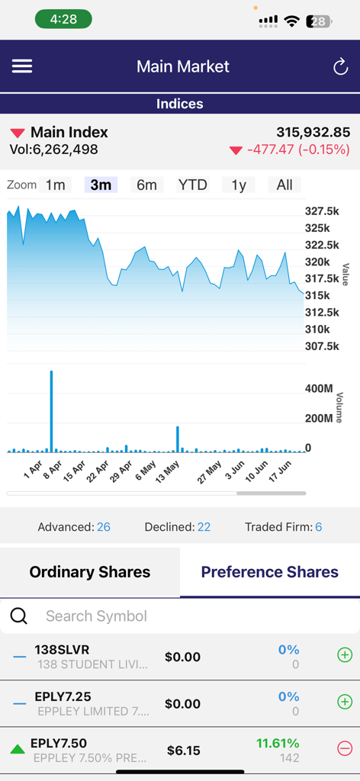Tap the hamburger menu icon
[x=22, y=66]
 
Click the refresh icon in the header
[x=340, y=67]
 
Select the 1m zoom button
[x=55, y=185]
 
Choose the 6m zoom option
[x=146, y=185]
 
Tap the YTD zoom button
[x=192, y=185]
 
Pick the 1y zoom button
[x=239, y=185]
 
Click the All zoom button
[x=284, y=185]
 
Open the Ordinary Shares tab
[x=90, y=572]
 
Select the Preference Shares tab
[x=269, y=572]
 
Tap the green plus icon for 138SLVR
[x=345, y=655]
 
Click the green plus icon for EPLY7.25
[x=345, y=702]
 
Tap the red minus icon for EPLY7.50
[x=345, y=749]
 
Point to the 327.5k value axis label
[x=322, y=211]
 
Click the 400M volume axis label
[x=319, y=389]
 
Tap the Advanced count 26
[x=104, y=527]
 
